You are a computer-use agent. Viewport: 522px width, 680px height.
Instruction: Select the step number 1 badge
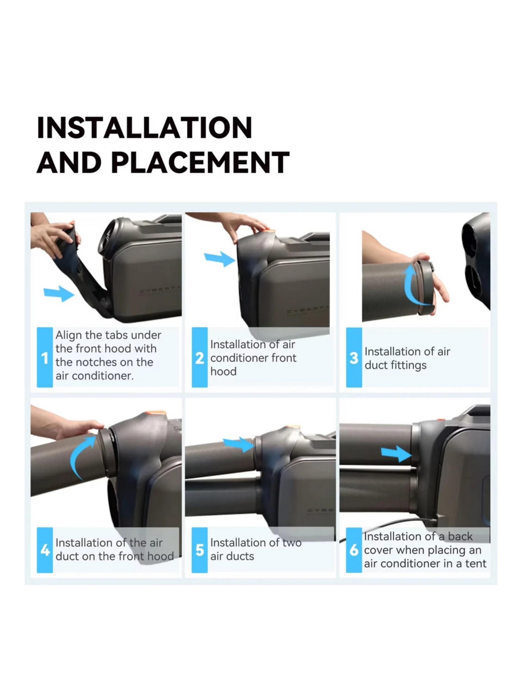pyautogui.click(x=45, y=357)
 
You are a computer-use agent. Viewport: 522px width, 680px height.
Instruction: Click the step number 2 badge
pyautogui.click(x=200, y=357)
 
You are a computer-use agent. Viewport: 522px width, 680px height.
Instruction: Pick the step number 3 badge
pyautogui.click(x=354, y=357)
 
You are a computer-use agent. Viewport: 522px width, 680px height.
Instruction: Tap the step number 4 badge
pyautogui.click(x=45, y=550)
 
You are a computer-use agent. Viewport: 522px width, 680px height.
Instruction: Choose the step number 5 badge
pyautogui.click(x=200, y=550)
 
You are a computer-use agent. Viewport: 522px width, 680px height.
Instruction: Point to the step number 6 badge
pyautogui.click(x=354, y=550)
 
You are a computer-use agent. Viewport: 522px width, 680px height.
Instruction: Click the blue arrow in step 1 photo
pyautogui.click(x=59, y=294)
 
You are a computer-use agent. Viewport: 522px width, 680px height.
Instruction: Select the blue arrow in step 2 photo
pyautogui.click(x=220, y=259)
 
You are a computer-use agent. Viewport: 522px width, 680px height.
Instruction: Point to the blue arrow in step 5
pyautogui.click(x=239, y=444)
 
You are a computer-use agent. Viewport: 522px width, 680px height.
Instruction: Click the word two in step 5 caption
pyautogui.click(x=292, y=543)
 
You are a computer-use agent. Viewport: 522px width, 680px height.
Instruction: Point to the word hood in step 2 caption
pyautogui.click(x=223, y=371)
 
